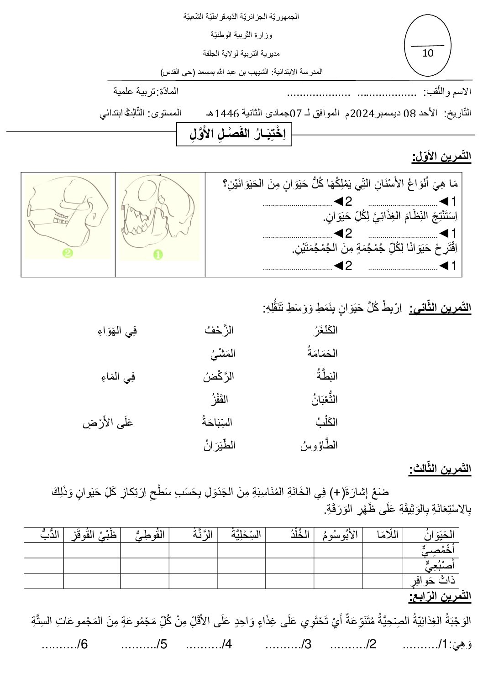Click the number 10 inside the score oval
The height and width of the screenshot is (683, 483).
pyautogui.click(x=428, y=53)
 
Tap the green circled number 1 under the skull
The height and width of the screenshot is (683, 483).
pyautogui.click(x=158, y=255)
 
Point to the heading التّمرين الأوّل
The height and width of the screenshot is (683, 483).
pyautogui.click(x=441, y=157)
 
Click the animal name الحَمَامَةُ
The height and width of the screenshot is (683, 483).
pyautogui.click(x=323, y=353)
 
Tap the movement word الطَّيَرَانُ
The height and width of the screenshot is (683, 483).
pyautogui.click(x=220, y=445)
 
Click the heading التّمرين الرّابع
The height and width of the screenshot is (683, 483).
pyautogui.click(x=440, y=596)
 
